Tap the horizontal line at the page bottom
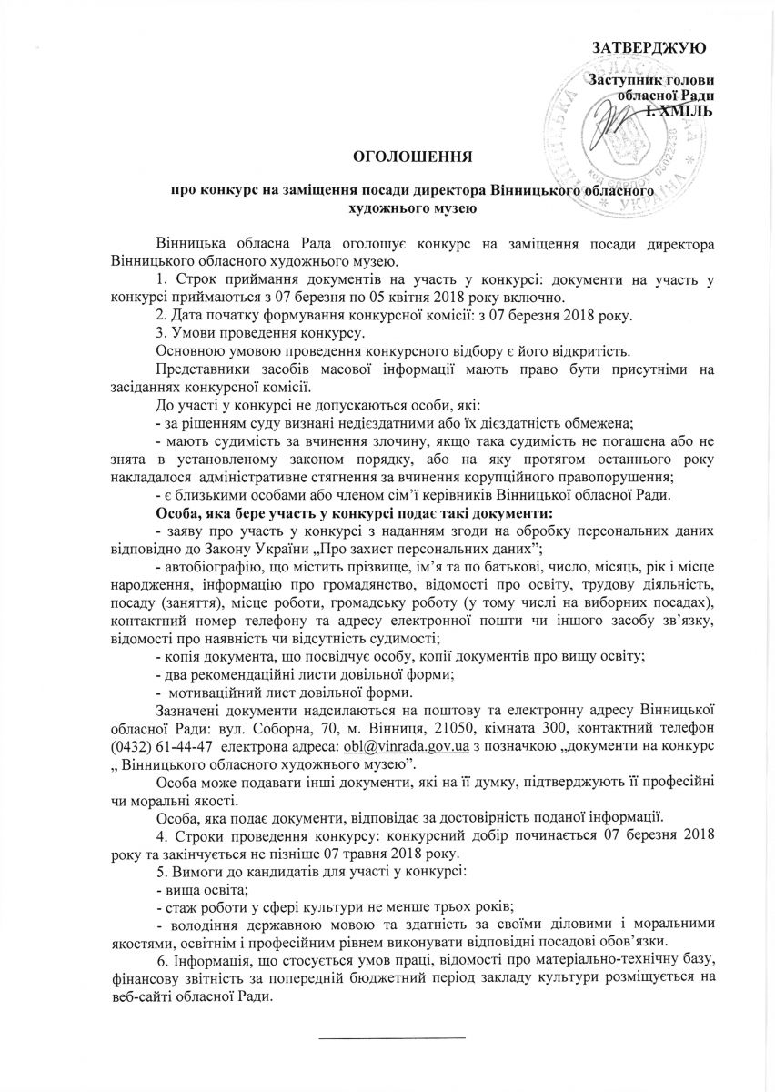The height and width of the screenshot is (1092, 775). click(391, 1036)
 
